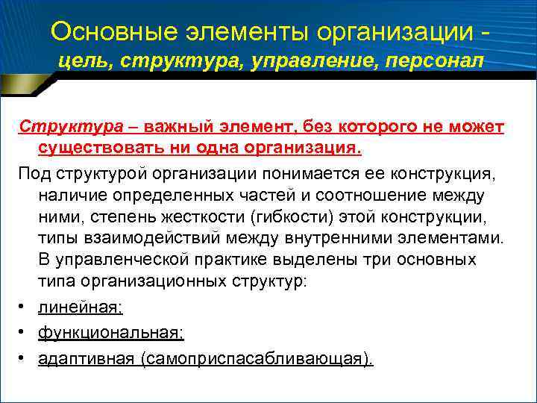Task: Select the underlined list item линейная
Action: click(80, 307)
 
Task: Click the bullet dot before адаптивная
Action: click(24, 358)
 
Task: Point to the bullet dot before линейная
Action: click(24, 307)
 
